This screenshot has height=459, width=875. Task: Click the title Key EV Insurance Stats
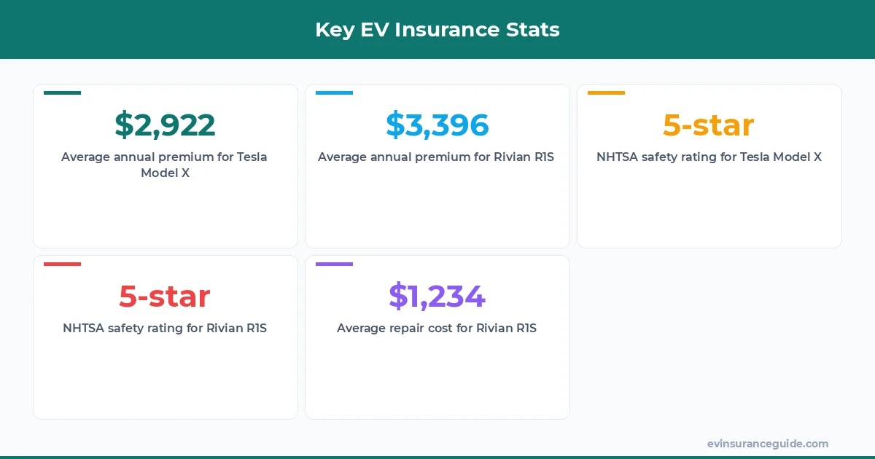tap(437, 29)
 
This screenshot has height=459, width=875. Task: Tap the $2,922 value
tap(165, 125)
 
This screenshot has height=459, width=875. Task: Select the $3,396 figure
tap(437, 125)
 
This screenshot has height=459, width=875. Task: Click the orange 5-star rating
tap(708, 125)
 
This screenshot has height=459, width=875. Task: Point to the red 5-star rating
tap(165, 297)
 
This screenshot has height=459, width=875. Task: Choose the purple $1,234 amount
tap(437, 297)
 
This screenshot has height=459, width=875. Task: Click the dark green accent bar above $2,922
tap(62, 93)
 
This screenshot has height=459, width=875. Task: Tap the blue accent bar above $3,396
tap(334, 93)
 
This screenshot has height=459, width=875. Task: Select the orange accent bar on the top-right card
tap(606, 93)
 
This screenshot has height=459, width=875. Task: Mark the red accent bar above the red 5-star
tap(62, 264)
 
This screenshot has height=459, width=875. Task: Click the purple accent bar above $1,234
tap(334, 264)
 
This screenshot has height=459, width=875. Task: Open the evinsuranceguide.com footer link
tap(767, 444)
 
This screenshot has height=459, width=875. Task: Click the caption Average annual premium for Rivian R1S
tap(436, 157)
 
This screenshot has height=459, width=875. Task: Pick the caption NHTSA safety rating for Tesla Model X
tap(708, 157)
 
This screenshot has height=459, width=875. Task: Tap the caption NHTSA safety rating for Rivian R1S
tap(165, 329)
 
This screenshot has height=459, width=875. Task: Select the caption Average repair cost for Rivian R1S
tap(436, 329)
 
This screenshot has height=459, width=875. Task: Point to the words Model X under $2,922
tap(165, 173)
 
